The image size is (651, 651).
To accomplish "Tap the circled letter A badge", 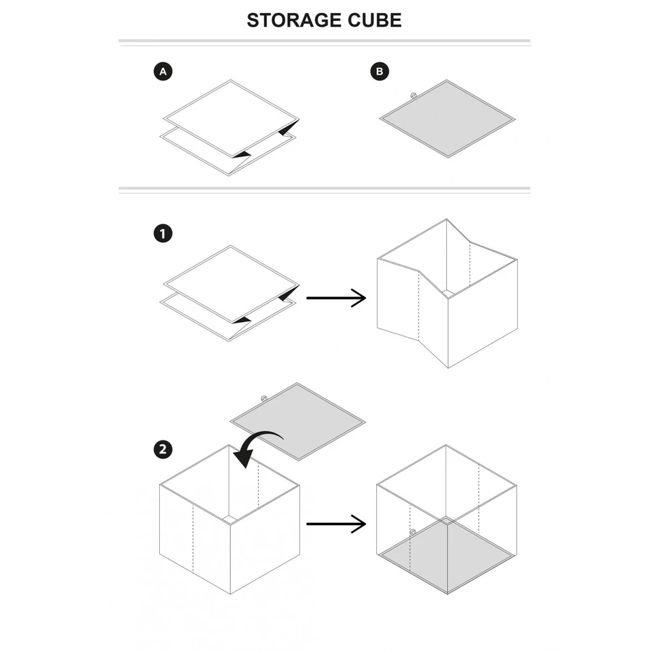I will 163,72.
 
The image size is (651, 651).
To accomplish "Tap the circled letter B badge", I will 379,72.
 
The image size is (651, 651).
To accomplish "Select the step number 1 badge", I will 163,234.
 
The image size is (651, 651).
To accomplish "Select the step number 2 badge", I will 163,449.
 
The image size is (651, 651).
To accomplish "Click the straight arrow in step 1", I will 336,297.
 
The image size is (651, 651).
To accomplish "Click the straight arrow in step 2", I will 336,524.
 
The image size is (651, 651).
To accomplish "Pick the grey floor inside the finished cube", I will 447,553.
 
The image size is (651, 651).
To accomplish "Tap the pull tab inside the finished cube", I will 412,532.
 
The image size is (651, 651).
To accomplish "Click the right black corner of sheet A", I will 289,129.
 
